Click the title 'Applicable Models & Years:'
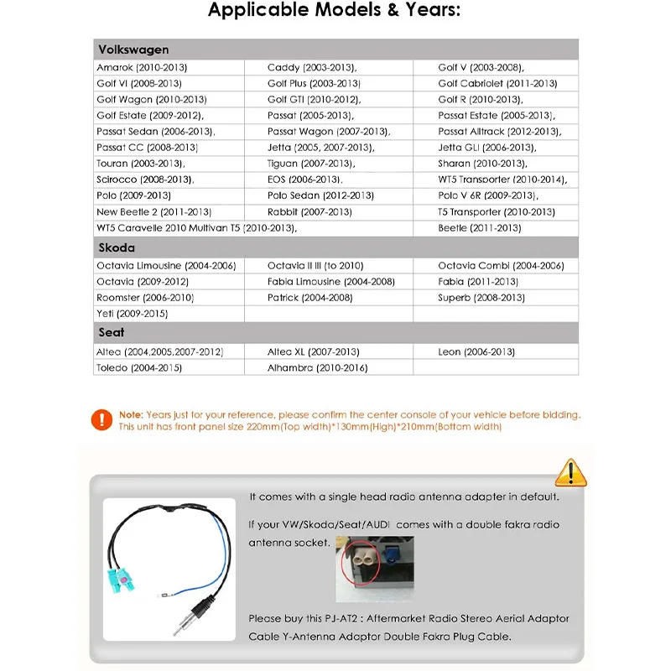[x=334, y=12]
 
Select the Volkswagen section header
[x=133, y=49]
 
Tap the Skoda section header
[x=117, y=248]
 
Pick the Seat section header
[x=112, y=333]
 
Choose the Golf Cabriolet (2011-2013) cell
[x=497, y=84]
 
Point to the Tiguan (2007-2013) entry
[x=310, y=164]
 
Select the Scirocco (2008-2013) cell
[x=145, y=179]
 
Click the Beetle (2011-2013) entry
[x=479, y=228]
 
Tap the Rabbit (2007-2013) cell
[x=309, y=212]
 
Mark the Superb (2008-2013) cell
[x=481, y=298]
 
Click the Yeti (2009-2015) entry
[x=132, y=314]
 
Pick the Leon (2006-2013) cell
[x=476, y=351]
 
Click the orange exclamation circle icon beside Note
[x=102, y=419]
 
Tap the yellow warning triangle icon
[x=571, y=473]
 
